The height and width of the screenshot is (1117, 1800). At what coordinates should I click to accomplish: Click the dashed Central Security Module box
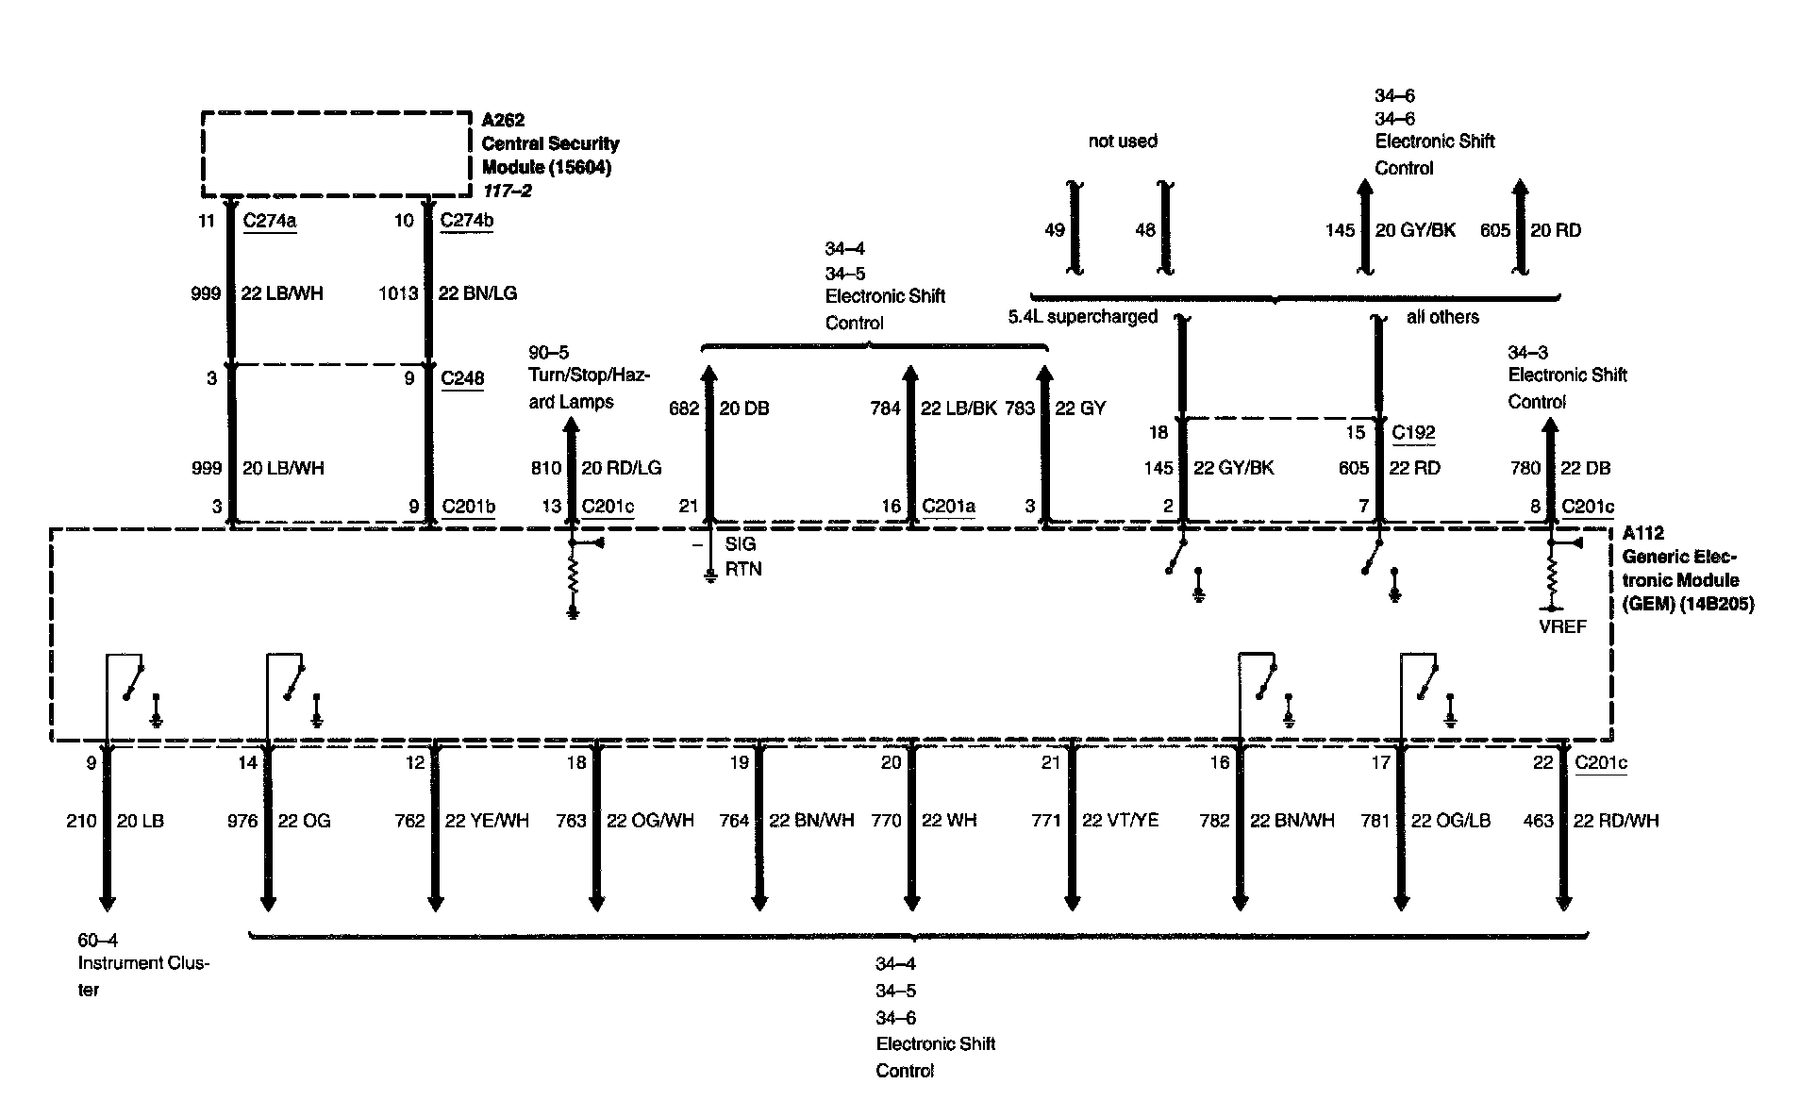(x=335, y=154)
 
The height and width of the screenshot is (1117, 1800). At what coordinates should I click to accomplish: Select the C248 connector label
(x=462, y=378)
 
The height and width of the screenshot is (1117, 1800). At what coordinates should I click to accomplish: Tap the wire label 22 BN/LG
(x=477, y=293)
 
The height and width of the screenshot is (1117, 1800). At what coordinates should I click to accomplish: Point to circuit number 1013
(x=397, y=293)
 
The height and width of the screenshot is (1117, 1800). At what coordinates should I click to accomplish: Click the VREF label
(x=1562, y=626)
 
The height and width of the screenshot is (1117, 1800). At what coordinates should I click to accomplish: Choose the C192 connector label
(x=1413, y=433)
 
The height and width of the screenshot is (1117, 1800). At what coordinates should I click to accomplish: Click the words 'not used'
(x=1123, y=142)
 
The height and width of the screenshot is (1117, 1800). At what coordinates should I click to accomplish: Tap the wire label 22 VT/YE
(x=1120, y=821)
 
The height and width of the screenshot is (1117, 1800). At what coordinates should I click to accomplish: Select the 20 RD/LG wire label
(x=621, y=468)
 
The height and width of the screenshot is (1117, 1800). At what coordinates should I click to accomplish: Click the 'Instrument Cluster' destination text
(x=142, y=965)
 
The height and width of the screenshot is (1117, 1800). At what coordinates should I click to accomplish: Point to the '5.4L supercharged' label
(x=1082, y=317)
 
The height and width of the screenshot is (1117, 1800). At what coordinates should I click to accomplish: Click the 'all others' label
(x=1442, y=317)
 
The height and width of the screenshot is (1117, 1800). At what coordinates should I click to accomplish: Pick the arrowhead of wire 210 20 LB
(x=107, y=903)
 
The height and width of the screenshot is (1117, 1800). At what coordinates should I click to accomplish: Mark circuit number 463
(x=1538, y=821)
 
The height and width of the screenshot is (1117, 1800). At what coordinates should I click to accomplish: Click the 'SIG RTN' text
(x=743, y=557)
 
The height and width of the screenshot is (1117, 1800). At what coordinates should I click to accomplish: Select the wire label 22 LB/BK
(x=959, y=408)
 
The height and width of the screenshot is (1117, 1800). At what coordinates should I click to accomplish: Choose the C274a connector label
(x=269, y=221)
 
